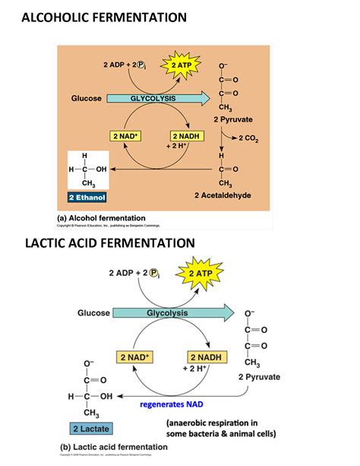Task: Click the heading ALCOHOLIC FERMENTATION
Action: pos(105,17)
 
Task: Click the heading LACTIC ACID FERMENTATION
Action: pos(109,243)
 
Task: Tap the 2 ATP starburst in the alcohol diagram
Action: pos(181,66)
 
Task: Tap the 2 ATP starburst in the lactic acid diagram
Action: pos(201,274)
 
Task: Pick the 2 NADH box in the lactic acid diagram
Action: pos(205,357)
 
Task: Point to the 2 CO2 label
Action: pos(248,138)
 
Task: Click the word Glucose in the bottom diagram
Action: pos(93,313)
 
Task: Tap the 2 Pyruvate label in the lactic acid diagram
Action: pos(259,376)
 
